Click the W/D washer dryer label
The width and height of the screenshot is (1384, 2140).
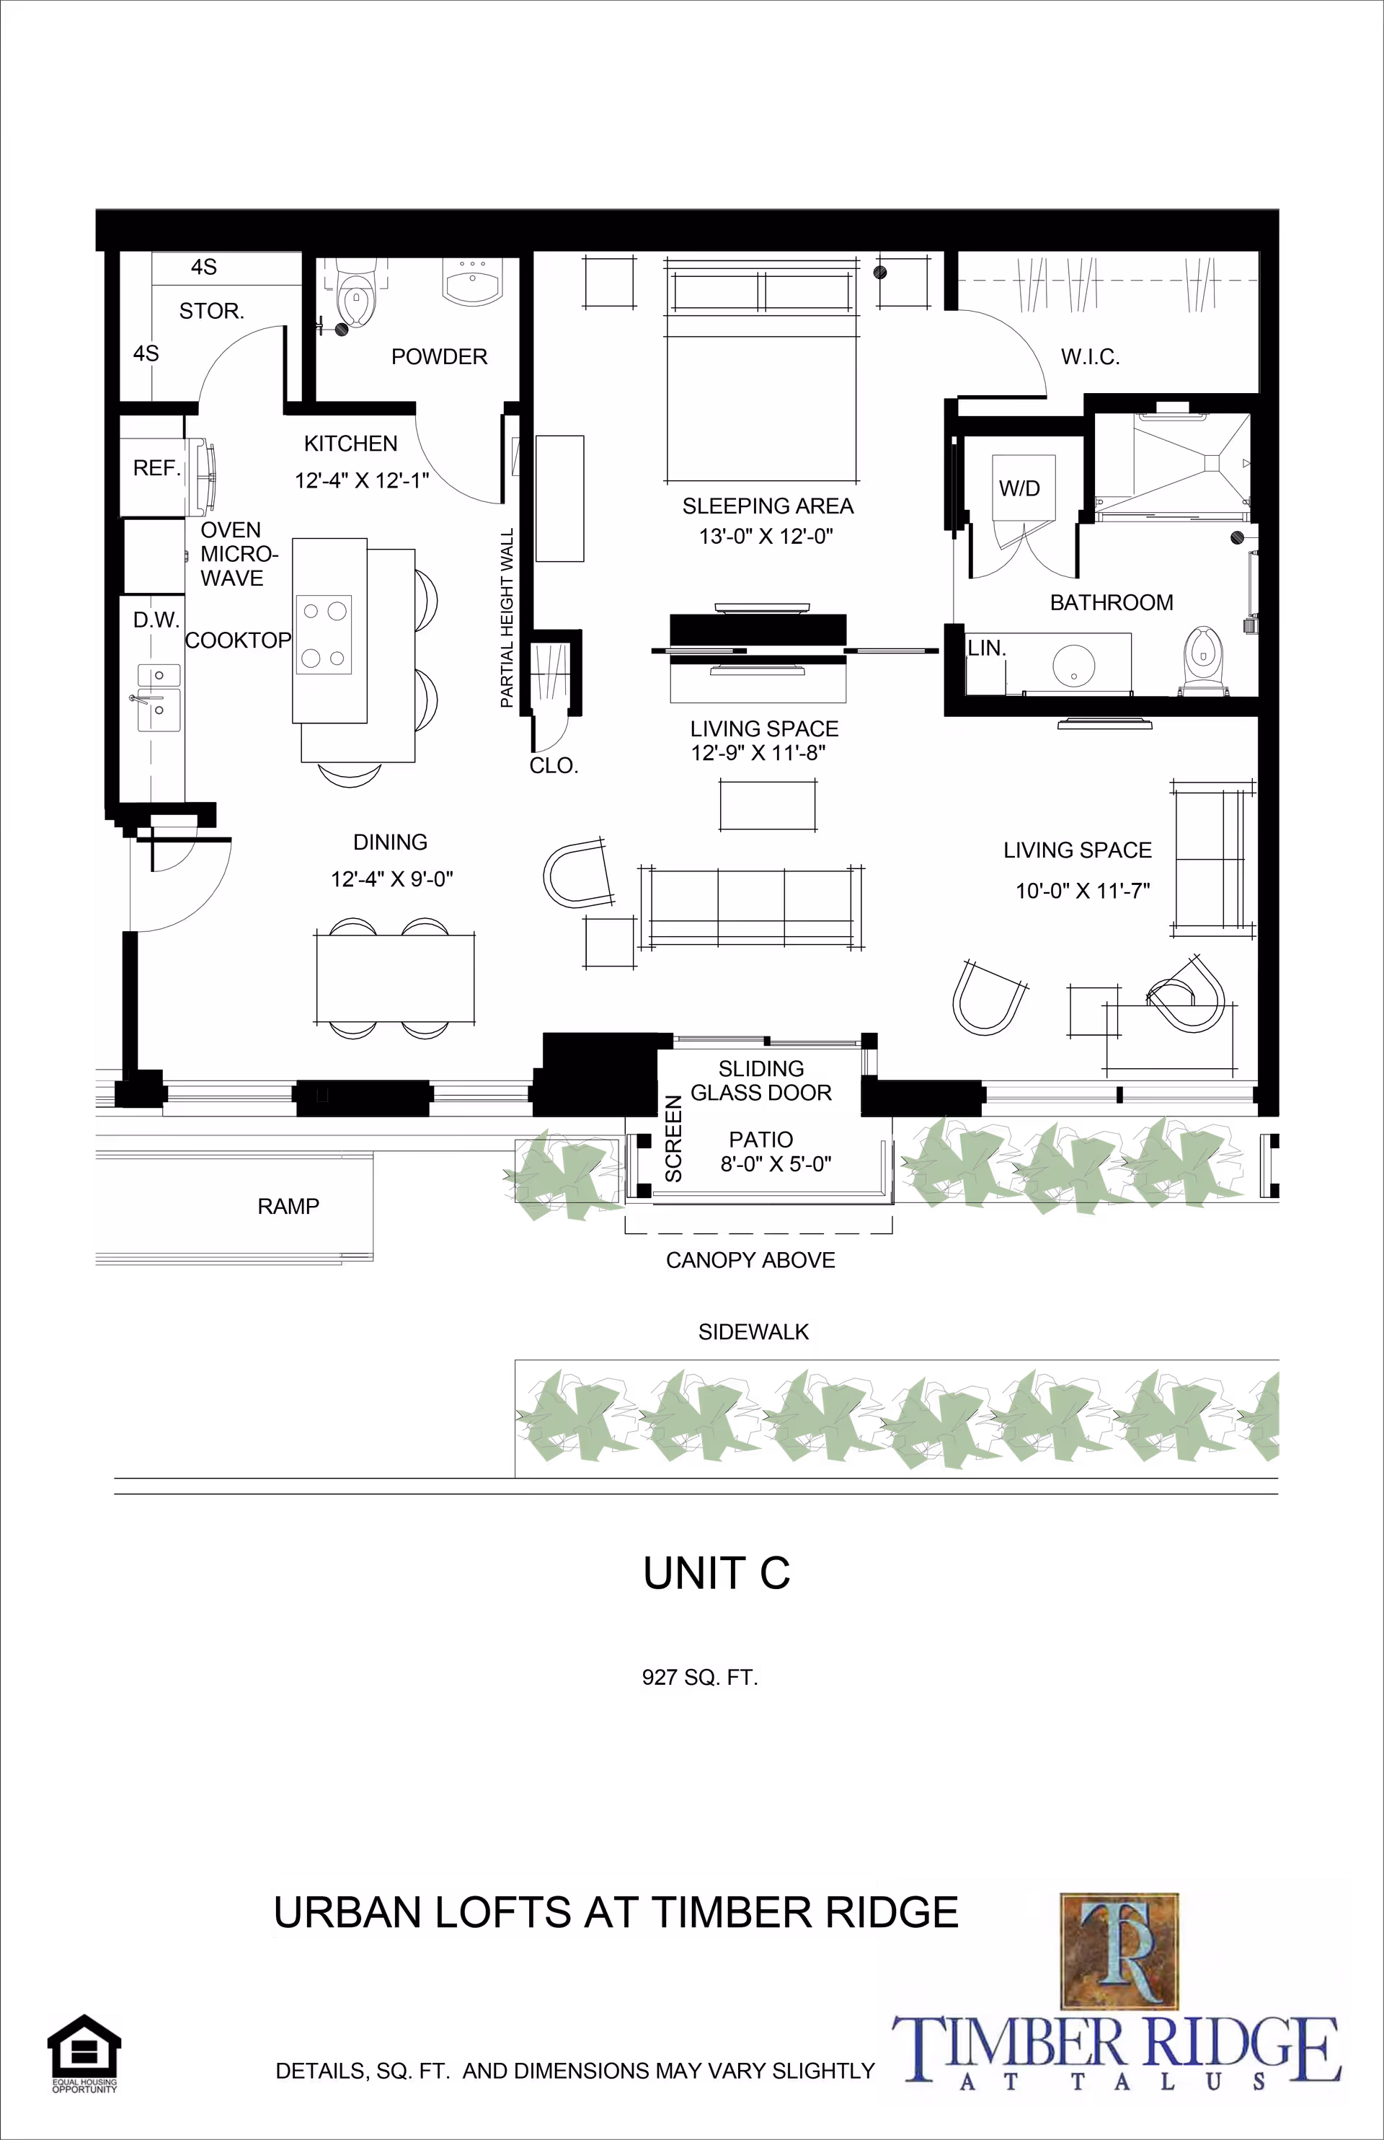coord(1019,488)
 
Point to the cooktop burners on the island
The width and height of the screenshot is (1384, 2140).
coord(324,634)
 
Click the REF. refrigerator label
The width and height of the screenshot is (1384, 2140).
coord(156,467)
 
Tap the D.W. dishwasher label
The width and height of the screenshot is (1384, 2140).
coord(156,620)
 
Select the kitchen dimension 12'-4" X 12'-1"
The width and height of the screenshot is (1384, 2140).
coord(361,480)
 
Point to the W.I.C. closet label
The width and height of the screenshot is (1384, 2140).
coord(1089,357)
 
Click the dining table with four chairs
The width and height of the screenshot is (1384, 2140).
coord(394,977)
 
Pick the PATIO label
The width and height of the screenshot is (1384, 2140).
coord(760,1139)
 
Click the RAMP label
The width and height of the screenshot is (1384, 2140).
coord(288,1206)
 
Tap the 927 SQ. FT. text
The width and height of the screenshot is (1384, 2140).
coord(699,1677)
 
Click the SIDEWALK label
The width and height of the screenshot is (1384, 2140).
coord(753,1331)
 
